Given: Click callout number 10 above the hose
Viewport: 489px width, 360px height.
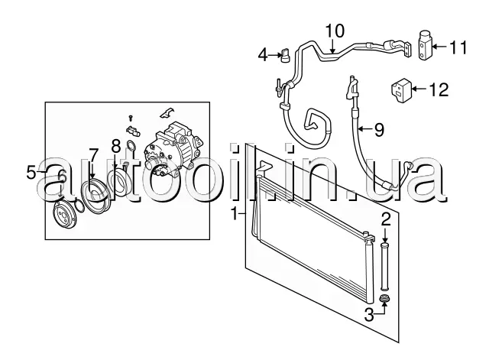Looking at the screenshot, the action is [x=335, y=31].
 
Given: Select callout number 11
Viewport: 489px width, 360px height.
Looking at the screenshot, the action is [x=458, y=47].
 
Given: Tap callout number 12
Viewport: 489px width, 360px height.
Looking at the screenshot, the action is [x=439, y=89].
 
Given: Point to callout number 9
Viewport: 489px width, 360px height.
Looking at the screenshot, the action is [x=379, y=130].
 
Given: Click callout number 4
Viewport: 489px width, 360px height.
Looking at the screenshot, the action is [x=263, y=56].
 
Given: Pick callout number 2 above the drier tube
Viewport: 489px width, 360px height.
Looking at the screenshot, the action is [x=386, y=219].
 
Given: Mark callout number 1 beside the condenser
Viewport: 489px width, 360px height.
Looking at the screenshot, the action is [x=235, y=214].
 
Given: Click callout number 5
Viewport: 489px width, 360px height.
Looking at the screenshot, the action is [x=31, y=173].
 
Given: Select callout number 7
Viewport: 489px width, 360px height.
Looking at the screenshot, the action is [x=93, y=155].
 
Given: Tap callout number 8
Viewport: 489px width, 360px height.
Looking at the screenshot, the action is [x=115, y=146].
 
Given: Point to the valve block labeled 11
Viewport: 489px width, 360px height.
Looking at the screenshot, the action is [x=425, y=46].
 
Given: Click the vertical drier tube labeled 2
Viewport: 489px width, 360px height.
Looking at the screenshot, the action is [x=385, y=266].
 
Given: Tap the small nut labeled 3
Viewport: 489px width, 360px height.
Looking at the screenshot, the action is [x=385, y=299].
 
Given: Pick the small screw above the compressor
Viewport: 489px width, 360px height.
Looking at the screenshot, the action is [x=131, y=118].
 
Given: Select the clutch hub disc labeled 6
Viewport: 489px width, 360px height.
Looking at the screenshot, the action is [x=65, y=215].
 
